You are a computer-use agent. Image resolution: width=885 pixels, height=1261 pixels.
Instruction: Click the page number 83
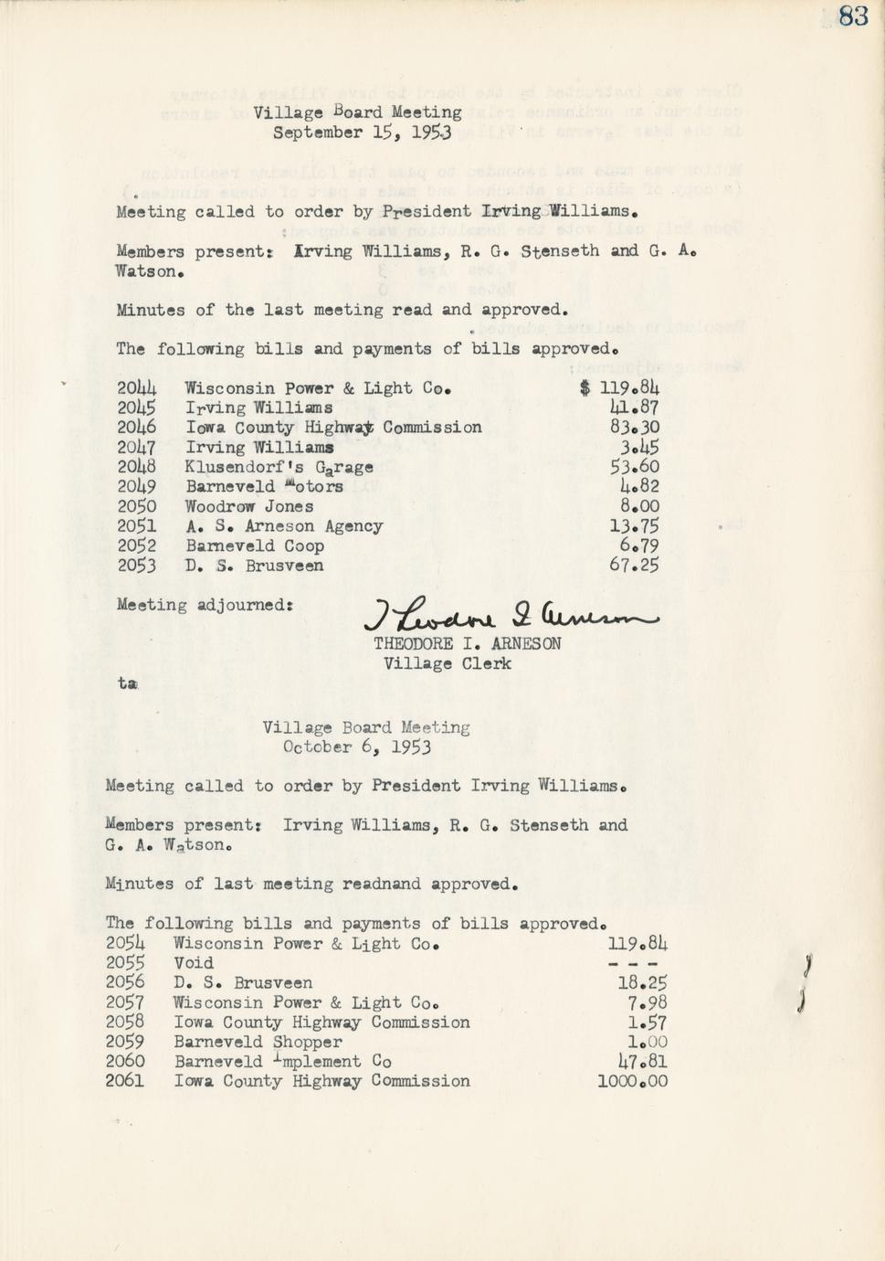tap(853, 16)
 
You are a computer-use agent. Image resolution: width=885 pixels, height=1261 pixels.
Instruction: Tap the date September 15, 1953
tap(362, 132)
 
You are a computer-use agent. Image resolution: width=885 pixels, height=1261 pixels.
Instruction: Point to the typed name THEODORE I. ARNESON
tap(467, 643)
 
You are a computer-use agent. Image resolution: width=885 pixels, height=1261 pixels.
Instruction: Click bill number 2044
tap(136, 388)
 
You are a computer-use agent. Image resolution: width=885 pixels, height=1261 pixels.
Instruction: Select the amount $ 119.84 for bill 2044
tap(619, 388)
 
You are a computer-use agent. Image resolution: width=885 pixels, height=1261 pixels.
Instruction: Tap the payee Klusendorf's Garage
tap(279, 467)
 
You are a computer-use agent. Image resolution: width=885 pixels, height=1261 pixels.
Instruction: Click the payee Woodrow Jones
tap(249, 506)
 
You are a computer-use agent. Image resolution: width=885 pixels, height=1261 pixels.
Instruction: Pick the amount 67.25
tap(634, 566)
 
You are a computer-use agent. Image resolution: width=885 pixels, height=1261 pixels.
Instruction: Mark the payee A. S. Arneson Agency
tap(284, 526)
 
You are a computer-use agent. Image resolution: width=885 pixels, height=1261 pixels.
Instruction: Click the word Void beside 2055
tap(194, 963)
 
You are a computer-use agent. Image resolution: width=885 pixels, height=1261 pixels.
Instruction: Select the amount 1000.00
tap(632, 1082)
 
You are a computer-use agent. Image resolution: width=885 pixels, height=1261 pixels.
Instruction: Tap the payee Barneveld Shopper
tap(258, 1042)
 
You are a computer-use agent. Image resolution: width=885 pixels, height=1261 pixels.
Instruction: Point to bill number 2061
tap(125, 1082)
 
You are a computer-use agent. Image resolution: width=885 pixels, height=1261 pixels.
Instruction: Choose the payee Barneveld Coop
tap(255, 546)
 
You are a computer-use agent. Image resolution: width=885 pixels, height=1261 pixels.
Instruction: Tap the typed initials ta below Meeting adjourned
tap(127, 683)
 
